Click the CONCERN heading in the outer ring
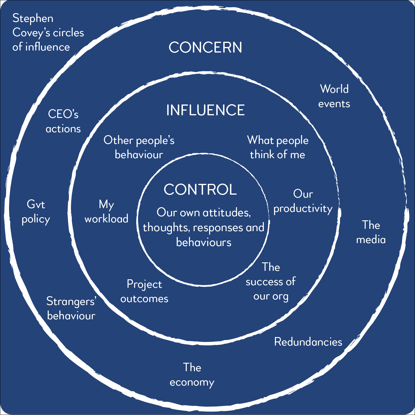click(x=205, y=47)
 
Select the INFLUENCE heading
click(x=205, y=110)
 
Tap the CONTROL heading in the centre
click(x=200, y=189)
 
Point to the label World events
click(x=334, y=96)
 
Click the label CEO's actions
click(x=63, y=121)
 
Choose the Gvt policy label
click(x=36, y=212)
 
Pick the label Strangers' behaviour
click(x=71, y=308)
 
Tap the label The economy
click(x=192, y=375)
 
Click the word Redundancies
click(x=308, y=342)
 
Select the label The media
click(x=371, y=232)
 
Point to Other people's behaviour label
click(x=139, y=147)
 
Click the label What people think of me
click(x=278, y=147)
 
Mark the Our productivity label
click(x=303, y=201)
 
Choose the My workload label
click(x=106, y=212)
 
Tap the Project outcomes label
click(x=144, y=291)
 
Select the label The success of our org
click(x=271, y=282)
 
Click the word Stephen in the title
click(x=33, y=18)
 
